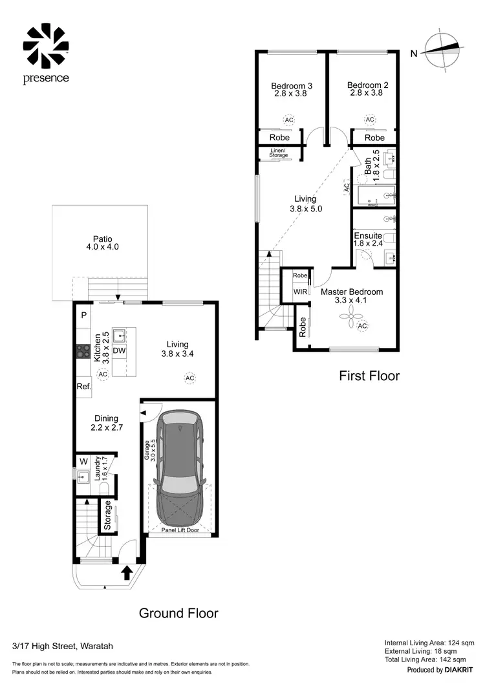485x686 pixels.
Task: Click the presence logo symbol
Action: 46,46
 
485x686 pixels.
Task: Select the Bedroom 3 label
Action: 292,89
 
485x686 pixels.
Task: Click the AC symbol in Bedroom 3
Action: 288,120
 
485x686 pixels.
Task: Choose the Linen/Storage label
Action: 279,153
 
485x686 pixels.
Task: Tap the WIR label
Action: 301,292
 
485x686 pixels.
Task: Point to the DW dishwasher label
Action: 119,350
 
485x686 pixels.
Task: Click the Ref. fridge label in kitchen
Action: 84,386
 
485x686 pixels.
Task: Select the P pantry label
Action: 83,316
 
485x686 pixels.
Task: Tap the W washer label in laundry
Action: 83,462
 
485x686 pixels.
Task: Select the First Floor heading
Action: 369,376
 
